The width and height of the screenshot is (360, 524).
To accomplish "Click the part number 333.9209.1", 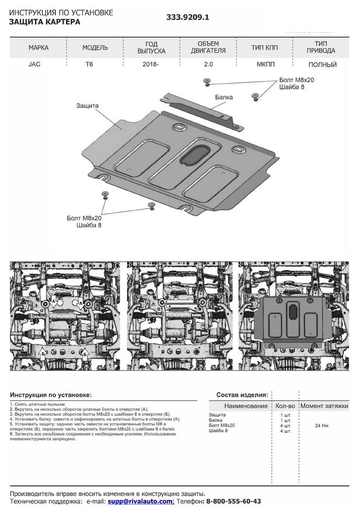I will click(188, 18).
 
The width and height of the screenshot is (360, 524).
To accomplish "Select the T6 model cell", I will click(92, 65).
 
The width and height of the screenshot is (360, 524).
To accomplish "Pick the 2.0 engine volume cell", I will click(208, 65).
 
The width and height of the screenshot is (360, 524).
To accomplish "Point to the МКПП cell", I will click(264, 65).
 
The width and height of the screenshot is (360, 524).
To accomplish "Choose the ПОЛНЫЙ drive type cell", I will click(322, 65).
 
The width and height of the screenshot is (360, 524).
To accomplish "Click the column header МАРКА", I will click(38, 48).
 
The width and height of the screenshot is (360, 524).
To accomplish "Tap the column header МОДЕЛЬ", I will click(95, 48).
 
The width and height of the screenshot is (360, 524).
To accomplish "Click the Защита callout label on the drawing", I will click(87, 106).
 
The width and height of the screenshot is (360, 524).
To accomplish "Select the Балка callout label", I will click(223, 97).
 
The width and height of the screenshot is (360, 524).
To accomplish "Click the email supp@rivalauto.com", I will click(141, 501).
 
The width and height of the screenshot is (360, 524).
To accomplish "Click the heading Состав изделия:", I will click(242, 395).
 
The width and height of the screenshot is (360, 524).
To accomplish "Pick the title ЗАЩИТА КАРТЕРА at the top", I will click(45, 21).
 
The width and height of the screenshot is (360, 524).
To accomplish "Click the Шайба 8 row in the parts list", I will click(218, 431).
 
